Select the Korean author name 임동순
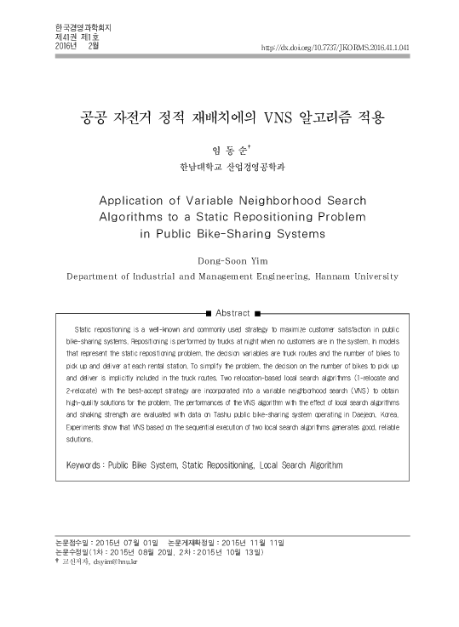228,147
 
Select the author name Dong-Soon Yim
228,260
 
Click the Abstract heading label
232,313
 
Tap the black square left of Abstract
208,313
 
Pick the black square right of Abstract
256,313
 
